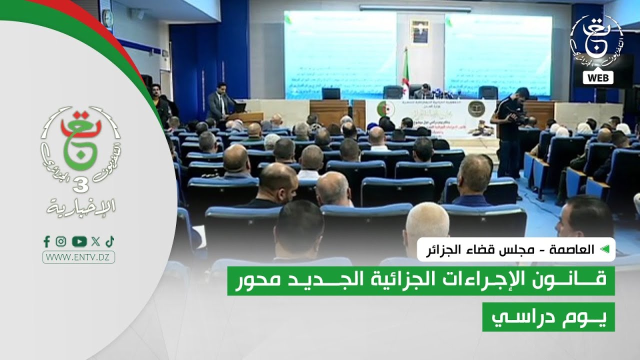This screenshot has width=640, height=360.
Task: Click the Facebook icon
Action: coord(46,241)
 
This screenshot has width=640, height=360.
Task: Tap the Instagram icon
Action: coord(61,241)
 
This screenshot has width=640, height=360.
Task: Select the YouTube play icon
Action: coord(79,241)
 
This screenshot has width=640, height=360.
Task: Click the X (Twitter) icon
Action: coord(95,241)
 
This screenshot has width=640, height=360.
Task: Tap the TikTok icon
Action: coord(110,241)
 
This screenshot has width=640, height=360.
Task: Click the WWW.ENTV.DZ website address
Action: coord(79,257)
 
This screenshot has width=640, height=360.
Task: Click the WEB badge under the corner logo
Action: coord(598,77)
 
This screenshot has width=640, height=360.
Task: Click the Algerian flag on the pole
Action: coord(404,80)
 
